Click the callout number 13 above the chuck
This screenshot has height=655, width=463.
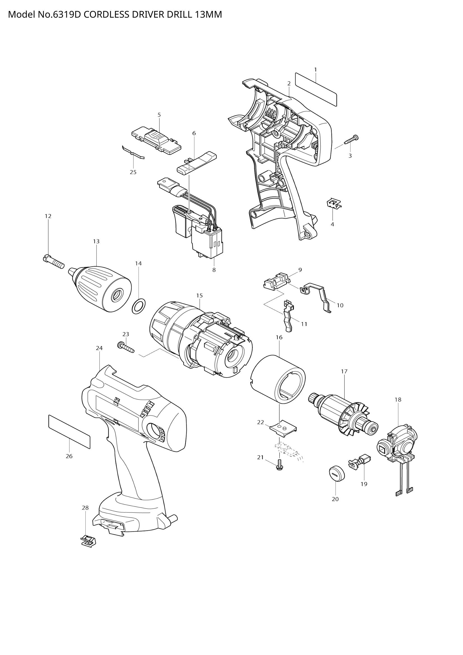point(96,241)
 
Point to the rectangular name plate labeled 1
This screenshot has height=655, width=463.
point(316,89)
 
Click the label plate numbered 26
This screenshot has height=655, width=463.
point(69,432)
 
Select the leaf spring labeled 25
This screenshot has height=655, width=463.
point(133,153)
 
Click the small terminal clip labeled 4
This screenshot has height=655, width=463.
point(334,203)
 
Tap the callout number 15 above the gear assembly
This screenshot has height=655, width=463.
point(199,295)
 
